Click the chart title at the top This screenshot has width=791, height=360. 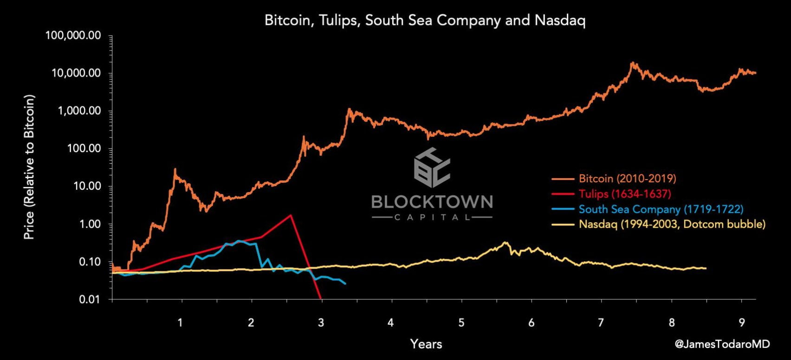pyautogui.click(x=425, y=20)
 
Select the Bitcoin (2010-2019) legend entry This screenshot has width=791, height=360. pyautogui.click(x=627, y=179)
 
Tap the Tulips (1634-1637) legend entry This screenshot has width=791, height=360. pyautogui.click(x=624, y=194)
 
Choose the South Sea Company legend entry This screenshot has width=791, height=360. pyautogui.click(x=661, y=209)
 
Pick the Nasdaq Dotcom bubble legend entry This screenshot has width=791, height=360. pyautogui.click(x=672, y=225)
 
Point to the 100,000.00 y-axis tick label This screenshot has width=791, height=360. pyautogui.click(x=73, y=36)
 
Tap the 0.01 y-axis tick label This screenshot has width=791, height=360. pyautogui.click(x=90, y=299)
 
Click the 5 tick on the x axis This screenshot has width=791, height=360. pyautogui.click(x=461, y=322)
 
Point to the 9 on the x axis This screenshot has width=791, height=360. pyautogui.click(x=741, y=322)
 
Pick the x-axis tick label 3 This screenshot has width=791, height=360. pyautogui.click(x=321, y=322)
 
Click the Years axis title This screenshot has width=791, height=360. pyautogui.click(x=426, y=344)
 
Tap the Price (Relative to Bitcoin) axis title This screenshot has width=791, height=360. pyautogui.click(x=29, y=167)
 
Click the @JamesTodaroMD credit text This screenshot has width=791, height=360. pyautogui.click(x=722, y=344)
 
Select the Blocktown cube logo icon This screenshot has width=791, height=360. pyautogui.click(x=432, y=168)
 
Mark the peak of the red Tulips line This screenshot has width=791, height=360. pyautogui.click(x=291, y=215)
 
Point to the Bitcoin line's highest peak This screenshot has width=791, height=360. pyautogui.click(x=632, y=63)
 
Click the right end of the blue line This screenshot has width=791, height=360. pyautogui.click(x=345, y=283)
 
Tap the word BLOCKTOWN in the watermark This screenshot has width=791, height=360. pyautogui.click(x=432, y=202)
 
